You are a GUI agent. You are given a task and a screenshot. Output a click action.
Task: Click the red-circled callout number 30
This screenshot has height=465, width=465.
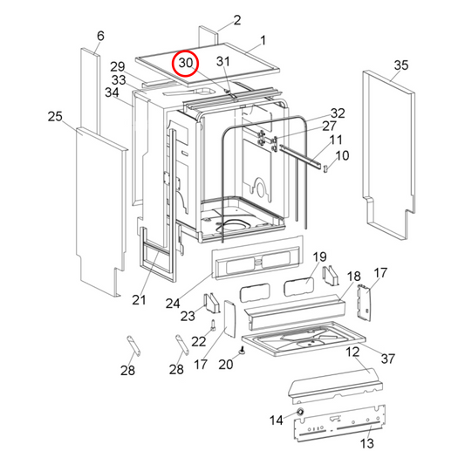tap(186, 64)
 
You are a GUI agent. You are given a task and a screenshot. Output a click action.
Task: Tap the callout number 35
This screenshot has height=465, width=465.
tap(400, 65)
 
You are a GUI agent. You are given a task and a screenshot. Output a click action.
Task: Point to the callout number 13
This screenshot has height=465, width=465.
tap(366, 444)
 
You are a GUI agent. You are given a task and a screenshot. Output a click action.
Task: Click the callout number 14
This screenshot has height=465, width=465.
tap(276, 421)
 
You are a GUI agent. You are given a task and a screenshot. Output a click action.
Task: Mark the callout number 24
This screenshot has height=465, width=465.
tap(173, 303)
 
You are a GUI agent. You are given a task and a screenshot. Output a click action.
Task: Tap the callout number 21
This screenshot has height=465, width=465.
tap(138, 300)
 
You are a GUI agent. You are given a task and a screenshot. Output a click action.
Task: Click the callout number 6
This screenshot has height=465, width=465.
tap(99, 36)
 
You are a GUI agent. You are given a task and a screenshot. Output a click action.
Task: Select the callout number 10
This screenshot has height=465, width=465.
tap(342, 155)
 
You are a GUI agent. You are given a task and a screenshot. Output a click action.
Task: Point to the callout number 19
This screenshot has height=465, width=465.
tap(319, 256)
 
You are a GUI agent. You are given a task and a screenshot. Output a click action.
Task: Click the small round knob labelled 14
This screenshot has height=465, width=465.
tap(300, 412)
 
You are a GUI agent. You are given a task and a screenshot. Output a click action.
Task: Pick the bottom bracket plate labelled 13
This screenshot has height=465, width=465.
tap(336, 427)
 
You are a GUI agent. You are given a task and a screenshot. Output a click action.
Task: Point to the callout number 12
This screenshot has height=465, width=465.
tap(352, 352)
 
